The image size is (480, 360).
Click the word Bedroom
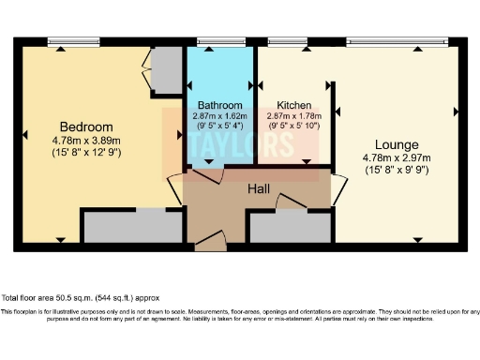(86, 127)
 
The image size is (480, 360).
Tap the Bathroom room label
(220, 105)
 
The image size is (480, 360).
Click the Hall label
(260, 189)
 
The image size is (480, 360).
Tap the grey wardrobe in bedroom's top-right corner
(167, 70)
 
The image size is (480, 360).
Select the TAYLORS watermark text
(240, 147)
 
